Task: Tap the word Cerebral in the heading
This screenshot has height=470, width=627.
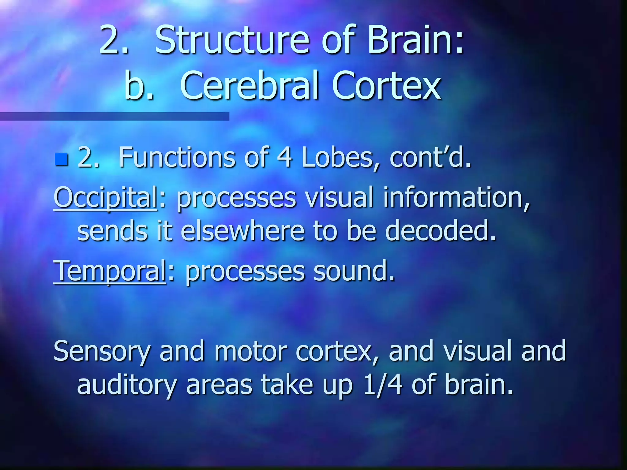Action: coord(250,86)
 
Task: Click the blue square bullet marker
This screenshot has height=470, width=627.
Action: coord(62,159)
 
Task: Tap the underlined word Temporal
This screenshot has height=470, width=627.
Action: coord(110,271)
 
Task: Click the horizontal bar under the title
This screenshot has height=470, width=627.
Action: coord(115,116)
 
